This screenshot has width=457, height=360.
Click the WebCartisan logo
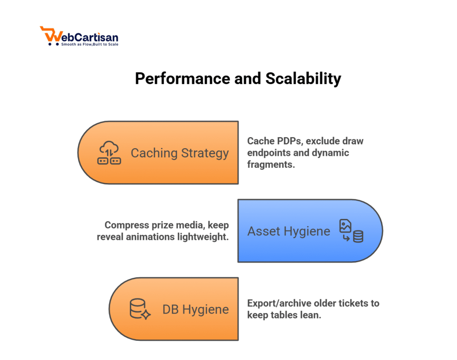[79, 36]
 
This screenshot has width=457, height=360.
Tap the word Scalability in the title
[303, 79]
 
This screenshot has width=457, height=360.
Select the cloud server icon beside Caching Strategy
[109, 153]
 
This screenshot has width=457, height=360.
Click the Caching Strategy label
[179, 153]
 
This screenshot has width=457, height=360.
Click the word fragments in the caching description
[271, 164]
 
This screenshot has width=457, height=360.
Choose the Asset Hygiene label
[289, 231]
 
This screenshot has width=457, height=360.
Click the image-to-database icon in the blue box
[351, 231]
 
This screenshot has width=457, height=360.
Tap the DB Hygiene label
[195, 310]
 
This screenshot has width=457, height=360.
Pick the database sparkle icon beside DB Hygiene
[140, 309]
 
